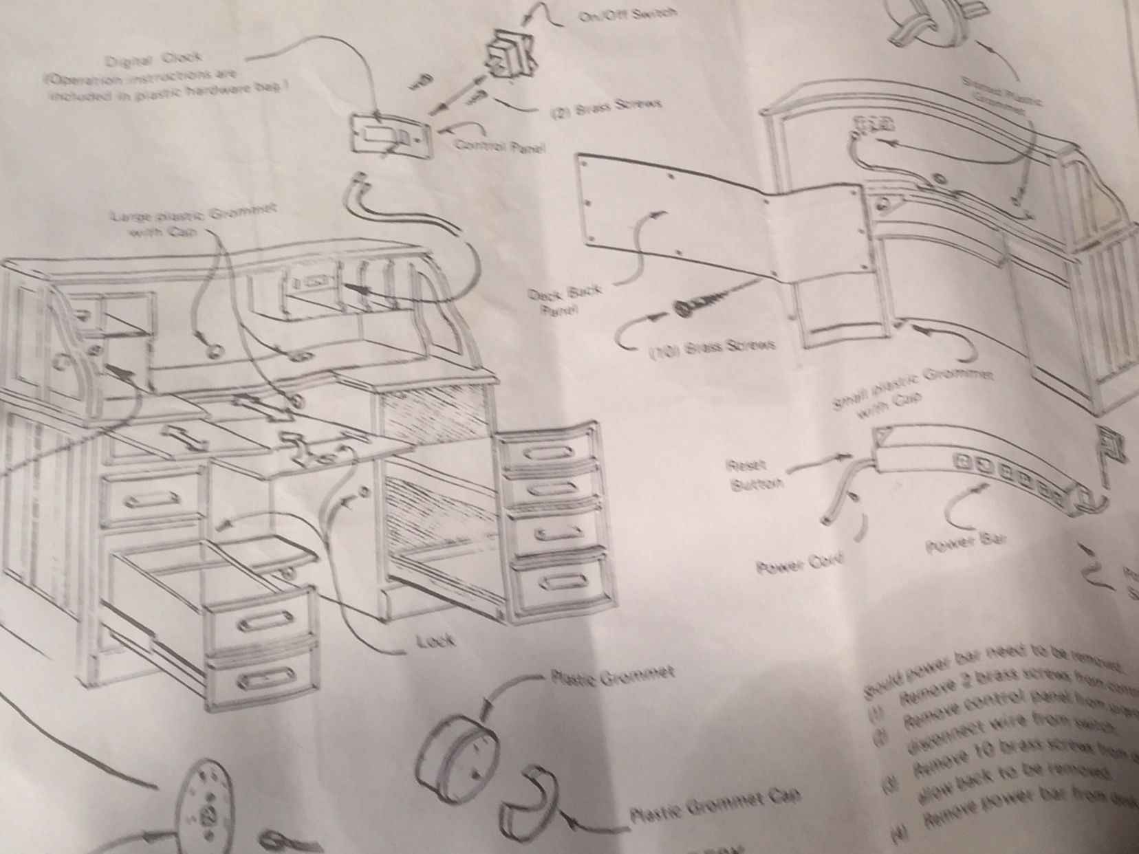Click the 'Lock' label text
(x=435, y=641)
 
